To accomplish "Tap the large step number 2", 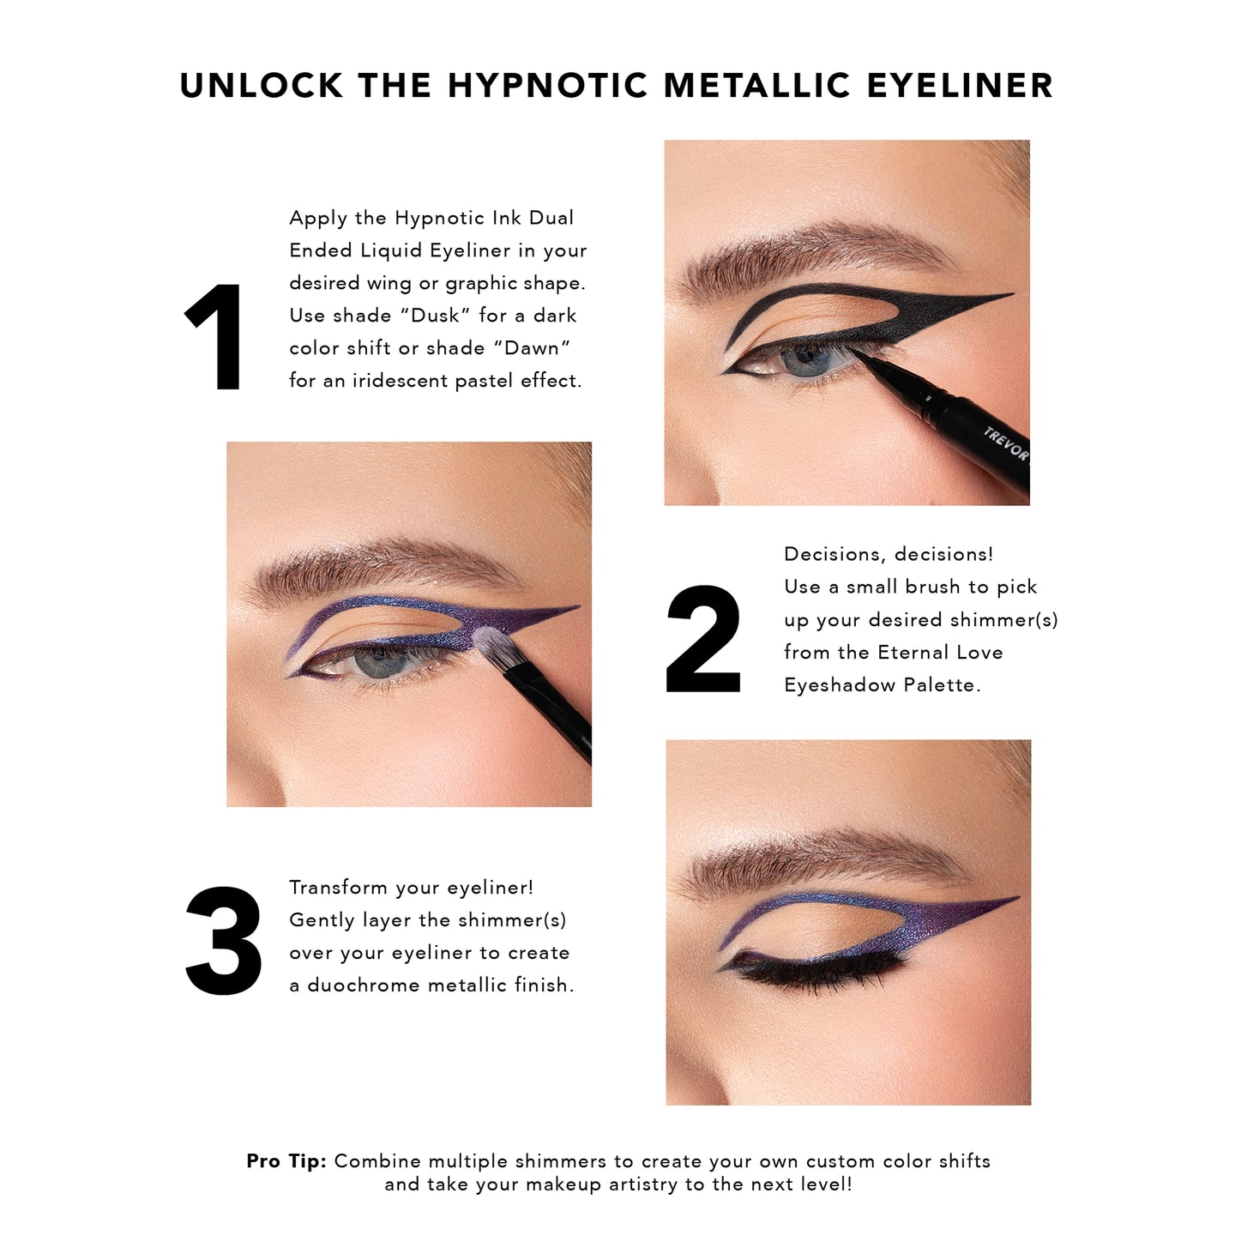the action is (x=703, y=638).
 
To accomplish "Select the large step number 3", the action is (x=223, y=940).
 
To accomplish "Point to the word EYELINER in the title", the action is (x=960, y=86).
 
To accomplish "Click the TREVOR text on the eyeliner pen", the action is (x=1005, y=443).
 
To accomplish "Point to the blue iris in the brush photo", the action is (x=379, y=661).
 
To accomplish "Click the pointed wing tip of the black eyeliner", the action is (x=1013, y=294).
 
